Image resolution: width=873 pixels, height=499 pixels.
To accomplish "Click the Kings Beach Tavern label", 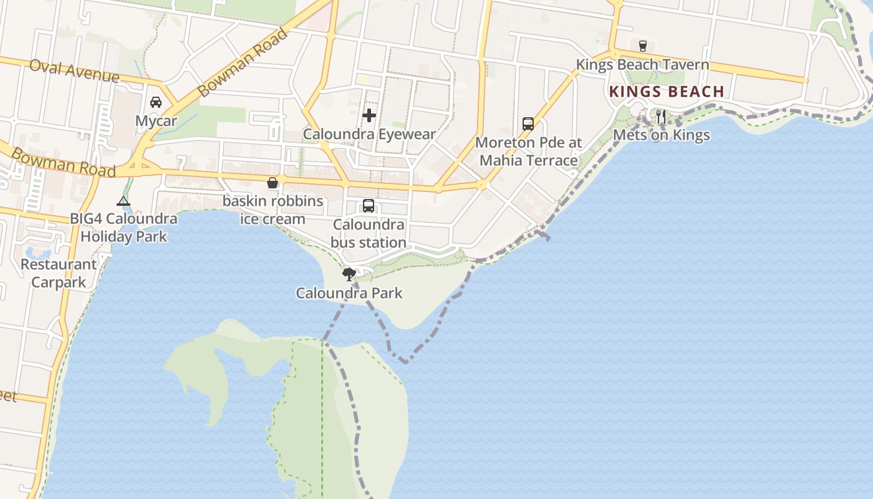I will pos(642,65).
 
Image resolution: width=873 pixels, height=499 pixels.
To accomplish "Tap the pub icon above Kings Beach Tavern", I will pos(642,46).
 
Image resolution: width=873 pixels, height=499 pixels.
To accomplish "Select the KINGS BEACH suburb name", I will pos(667,92).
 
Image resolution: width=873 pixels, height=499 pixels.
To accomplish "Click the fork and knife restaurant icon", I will pos(661,116).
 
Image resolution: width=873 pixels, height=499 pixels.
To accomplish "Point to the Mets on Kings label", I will pos(662,135).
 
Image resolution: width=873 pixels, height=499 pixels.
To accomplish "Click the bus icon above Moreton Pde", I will pos(528,124).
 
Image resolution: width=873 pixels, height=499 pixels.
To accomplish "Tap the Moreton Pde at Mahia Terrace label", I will pos(529,152).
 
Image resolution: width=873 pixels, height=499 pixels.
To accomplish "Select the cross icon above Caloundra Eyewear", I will pos(369,115).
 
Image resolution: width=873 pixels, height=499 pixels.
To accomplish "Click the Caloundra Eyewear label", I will pos(369,134).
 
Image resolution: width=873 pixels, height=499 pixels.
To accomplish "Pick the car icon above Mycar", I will pos(156,102).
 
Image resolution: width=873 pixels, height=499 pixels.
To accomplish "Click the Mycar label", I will pos(156,121).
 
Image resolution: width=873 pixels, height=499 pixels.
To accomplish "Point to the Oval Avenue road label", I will pos(74,71).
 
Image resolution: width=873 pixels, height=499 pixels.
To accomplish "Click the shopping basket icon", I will pos(273,183).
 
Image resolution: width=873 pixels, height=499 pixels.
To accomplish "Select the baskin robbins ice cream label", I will pos(273,210).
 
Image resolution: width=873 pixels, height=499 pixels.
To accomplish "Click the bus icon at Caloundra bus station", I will pos(369,206).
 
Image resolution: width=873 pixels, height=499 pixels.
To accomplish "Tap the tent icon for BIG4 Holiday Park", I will pos(123,201).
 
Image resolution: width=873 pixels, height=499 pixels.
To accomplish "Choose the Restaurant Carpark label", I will pos(59,273).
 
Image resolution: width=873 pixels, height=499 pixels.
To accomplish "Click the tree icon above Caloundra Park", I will pos(349,274).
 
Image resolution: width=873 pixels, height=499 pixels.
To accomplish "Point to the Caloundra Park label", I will pos(349,293).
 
